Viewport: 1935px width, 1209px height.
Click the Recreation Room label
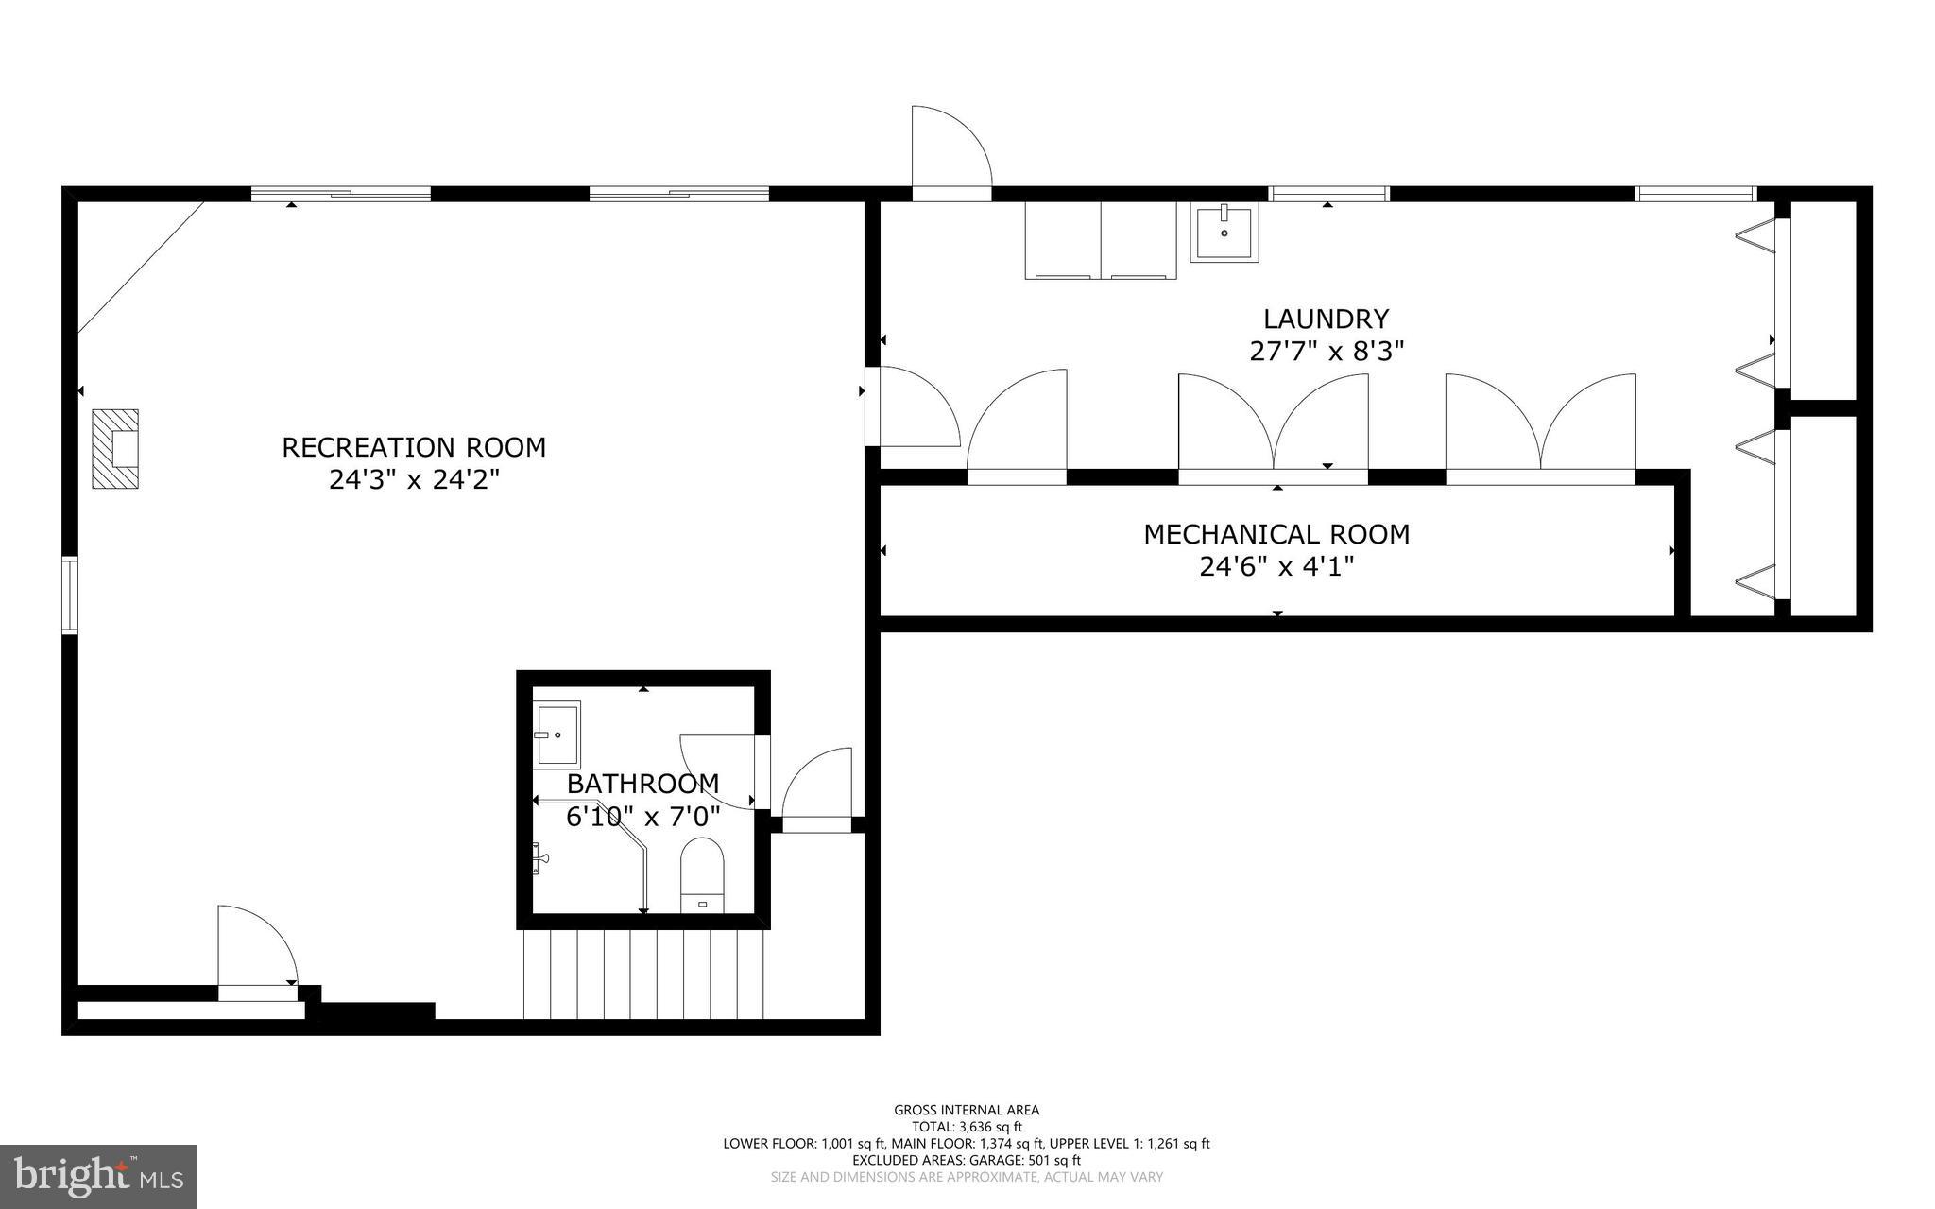click(414, 447)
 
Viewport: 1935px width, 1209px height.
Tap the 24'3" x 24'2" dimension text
click(414, 480)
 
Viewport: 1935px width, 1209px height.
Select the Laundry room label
click(1327, 319)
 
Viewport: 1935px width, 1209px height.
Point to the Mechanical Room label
click(1276, 534)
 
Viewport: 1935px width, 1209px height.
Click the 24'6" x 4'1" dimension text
click(1276, 567)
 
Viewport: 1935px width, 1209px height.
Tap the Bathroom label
click(642, 784)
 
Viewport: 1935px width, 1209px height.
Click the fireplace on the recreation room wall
click(115, 449)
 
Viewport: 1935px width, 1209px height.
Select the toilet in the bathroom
click(701, 874)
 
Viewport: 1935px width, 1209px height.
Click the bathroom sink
click(557, 734)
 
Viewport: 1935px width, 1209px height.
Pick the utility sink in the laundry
click(1224, 233)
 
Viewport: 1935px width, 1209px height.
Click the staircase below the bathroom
click(642, 974)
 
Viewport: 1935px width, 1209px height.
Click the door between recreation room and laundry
click(912, 408)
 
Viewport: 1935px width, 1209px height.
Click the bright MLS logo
click(98, 1176)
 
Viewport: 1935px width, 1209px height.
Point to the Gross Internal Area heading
click(967, 1110)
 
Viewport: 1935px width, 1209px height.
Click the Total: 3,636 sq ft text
click(967, 1127)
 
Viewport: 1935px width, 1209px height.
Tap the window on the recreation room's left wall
click(69, 595)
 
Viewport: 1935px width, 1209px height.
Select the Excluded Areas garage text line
click(967, 1160)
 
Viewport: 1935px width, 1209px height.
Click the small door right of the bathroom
click(817, 789)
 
